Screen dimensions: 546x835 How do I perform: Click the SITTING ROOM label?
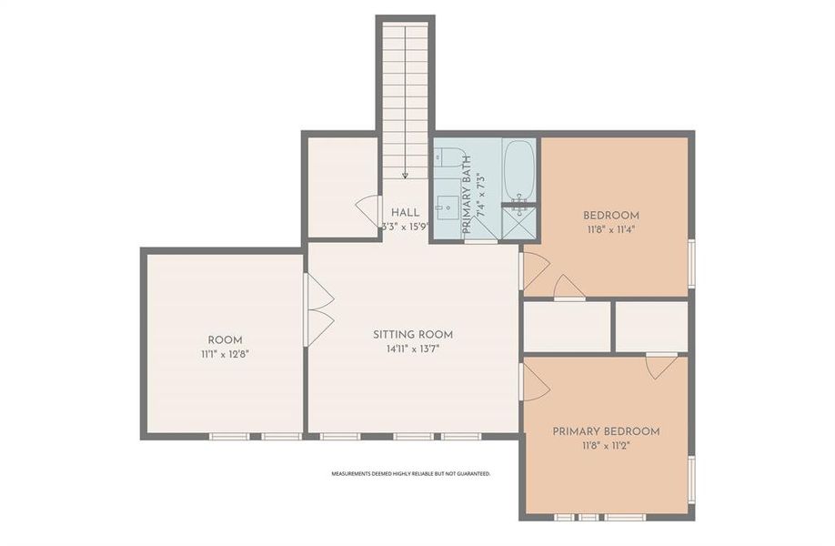(412, 334)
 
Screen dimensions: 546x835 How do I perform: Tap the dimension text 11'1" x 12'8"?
(225, 353)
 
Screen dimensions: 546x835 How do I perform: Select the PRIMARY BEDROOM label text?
(606, 431)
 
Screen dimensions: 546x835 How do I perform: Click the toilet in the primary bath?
(448, 157)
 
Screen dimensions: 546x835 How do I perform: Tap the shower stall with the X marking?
(520, 221)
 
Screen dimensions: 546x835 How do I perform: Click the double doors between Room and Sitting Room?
(317, 309)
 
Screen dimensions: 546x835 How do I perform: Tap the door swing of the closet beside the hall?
(368, 211)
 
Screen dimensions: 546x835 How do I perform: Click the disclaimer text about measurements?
(410, 474)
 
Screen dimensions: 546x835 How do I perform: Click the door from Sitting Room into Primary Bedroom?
(534, 382)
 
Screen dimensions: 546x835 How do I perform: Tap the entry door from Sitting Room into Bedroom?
(534, 271)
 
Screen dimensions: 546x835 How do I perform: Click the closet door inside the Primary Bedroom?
(661, 365)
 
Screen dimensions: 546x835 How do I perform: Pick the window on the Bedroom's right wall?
(691, 262)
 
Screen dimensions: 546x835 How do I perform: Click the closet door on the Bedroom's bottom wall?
(569, 287)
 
